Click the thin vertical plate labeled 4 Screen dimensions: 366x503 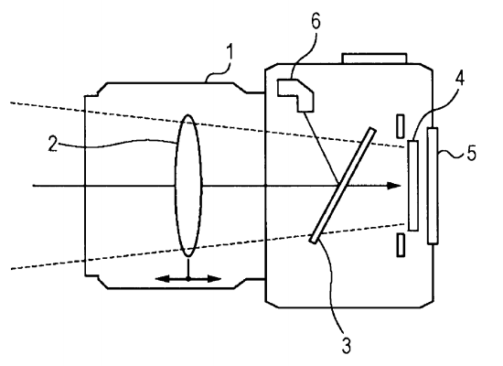414,184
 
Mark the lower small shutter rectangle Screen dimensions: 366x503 400,245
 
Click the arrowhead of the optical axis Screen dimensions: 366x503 395,186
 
